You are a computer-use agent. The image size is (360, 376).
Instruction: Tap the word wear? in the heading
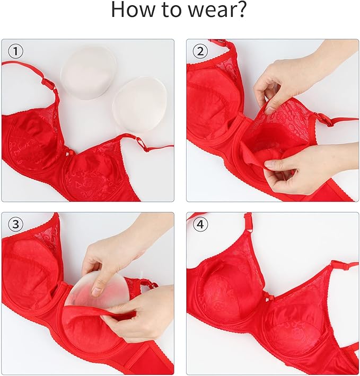217,11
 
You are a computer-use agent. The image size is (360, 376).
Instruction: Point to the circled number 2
200,51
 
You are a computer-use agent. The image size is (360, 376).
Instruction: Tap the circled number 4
200,225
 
